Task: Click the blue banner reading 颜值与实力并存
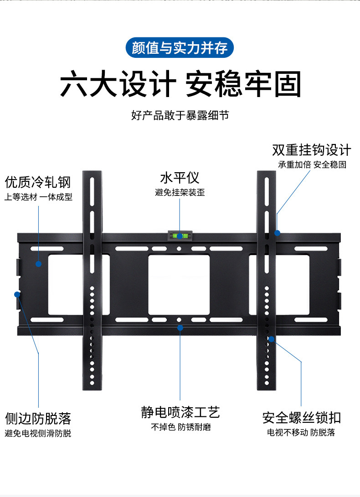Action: click(x=180, y=48)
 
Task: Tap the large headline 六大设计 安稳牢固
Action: click(x=180, y=84)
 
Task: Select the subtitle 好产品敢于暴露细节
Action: click(x=180, y=115)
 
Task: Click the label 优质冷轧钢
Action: click(x=38, y=183)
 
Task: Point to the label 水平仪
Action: click(x=180, y=178)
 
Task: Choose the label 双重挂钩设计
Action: click(x=312, y=150)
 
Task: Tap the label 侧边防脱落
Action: click(x=38, y=418)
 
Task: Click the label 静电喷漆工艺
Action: click(x=180, y=413)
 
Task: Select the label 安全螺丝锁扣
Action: click(x=301, y=418)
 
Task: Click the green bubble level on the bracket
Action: click(x=180, y=236)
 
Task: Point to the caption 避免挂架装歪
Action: click(x=180, y=193)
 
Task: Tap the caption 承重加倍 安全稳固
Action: click(x=312, y=164)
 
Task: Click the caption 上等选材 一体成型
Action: click(x=38, y=197)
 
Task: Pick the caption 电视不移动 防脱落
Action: click(x=301, y=432)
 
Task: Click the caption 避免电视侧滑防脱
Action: click(x=38, y=433)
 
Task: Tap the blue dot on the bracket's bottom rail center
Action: click(x=180, y=328)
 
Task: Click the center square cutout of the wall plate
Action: click(x=179, y=285)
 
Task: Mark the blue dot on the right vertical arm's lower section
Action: click(x=271, y=339)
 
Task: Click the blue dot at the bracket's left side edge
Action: click(x=19, y=294)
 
